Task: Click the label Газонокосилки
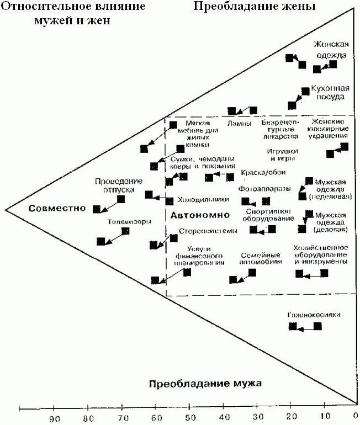tap(313, 315)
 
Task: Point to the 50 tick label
tap(190, 418)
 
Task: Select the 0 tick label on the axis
tap(355, 418)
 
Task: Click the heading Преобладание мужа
tap(205, 383)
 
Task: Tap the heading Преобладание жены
tap(254, 7)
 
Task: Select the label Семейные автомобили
tap(261, 259)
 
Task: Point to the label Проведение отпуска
tap(118, 185)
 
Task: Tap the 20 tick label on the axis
tap(290, 418)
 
